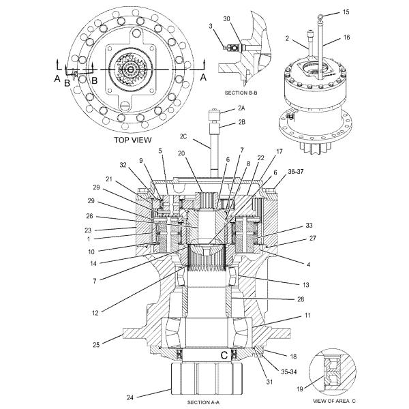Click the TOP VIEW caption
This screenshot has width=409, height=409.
point(132,140)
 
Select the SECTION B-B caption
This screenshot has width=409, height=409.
point(241,93)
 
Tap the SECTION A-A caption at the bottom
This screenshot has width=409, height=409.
point(203,402)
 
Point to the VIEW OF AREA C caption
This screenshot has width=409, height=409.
point(334,401)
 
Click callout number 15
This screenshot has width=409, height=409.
point(346,12)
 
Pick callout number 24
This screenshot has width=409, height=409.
point(130,397)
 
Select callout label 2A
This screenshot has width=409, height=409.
point(241,108)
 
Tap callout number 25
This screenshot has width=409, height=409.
point(96,345)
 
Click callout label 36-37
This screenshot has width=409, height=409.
point(296,172)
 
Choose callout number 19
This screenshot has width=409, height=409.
point(300,389)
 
